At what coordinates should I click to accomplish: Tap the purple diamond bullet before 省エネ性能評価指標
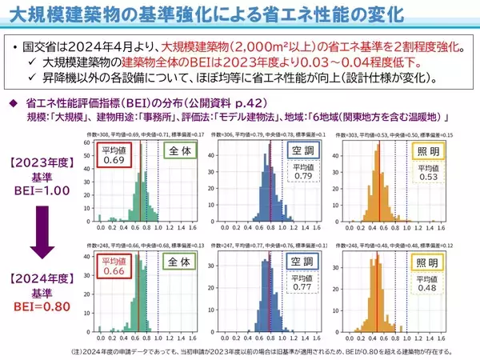tap(13, 102)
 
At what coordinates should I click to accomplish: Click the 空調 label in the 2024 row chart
tap(302, 262)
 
